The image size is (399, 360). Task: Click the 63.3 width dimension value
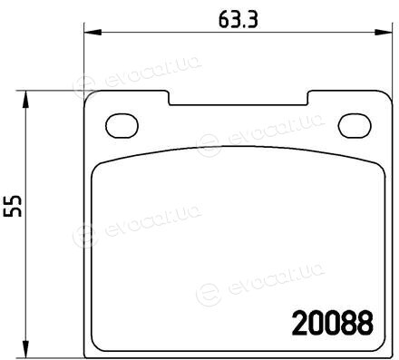[x=238, y=20]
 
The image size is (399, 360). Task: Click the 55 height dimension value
[x=13, y=206]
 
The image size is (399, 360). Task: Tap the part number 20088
[x=333, y=324]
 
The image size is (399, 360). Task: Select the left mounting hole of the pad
[x=122, y=126]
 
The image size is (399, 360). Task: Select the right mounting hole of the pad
[x=355, y=126]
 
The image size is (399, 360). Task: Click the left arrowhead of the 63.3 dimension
[x=92, y=33]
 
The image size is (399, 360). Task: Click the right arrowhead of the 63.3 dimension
[x=384, y=33]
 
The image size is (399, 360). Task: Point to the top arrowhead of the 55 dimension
[x=26, y=99]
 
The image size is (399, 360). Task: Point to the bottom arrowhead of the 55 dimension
[x=26, y=349]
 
